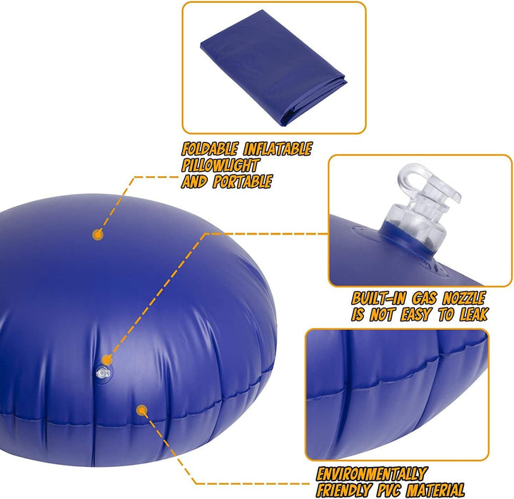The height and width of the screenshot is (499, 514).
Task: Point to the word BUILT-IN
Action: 378,298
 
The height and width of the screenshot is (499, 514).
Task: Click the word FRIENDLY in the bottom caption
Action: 346,490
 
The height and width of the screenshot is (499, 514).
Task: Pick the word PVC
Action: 395,490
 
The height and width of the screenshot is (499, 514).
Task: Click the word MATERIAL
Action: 444,490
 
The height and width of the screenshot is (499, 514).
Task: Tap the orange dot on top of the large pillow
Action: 98,233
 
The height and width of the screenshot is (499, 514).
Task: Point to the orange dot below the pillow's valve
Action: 141,411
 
